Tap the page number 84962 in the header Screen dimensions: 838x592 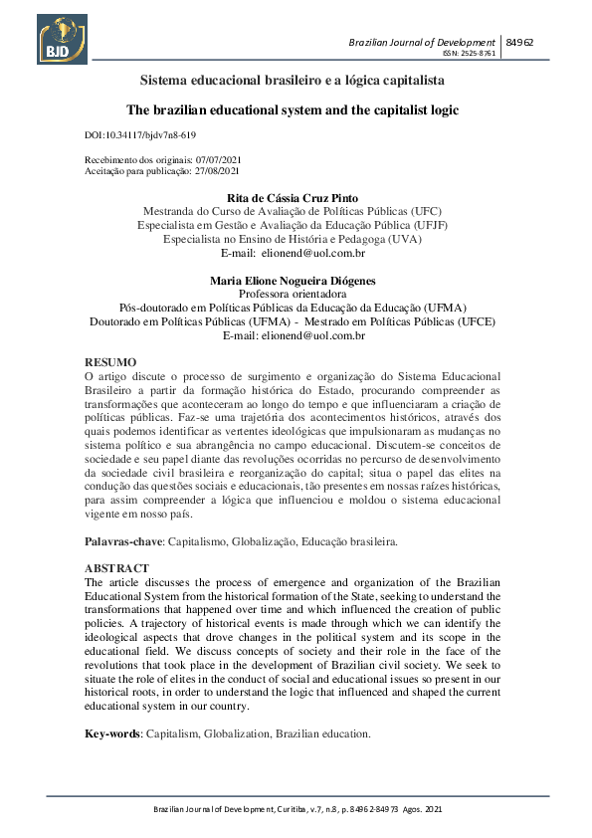519,43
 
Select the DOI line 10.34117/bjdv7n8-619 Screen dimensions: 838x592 140,133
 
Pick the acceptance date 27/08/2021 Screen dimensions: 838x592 217,171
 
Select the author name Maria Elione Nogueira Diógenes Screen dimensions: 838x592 293,281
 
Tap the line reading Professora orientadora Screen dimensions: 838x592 293,295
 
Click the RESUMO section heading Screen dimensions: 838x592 110,362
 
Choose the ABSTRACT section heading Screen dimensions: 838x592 117,567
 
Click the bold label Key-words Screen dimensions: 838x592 112,733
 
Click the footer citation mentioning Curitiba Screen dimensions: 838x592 296,810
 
